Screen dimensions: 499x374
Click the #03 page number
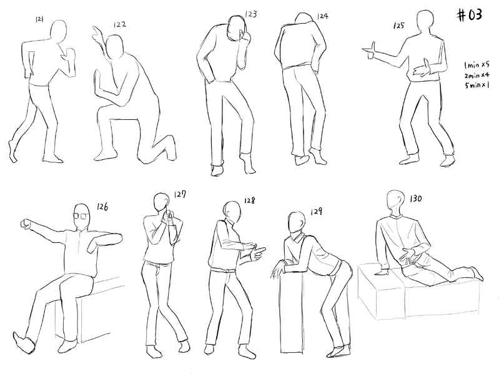tap(470, 15)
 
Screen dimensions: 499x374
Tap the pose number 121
tap(39, 19)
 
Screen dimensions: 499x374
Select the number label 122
tap(120, 24)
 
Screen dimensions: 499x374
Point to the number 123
tap(251, 14)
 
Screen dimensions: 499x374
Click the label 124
tap(322, 16)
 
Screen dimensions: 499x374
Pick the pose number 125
tap(398, 26)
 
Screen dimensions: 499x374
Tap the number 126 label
tap(102, 207)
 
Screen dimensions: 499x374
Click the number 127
tap(180, 194)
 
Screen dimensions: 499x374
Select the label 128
tap(250, 200)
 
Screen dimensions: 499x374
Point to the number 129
tap(316, 212)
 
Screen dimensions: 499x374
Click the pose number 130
tap(415, 199)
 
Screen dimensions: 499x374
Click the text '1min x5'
tap(477, 65)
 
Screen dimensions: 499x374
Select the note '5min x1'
tap(477, 86)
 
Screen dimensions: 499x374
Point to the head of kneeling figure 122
tap(114, 47)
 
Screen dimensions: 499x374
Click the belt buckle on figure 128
tap(226, 270)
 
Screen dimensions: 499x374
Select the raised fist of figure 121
tap(70, 54)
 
